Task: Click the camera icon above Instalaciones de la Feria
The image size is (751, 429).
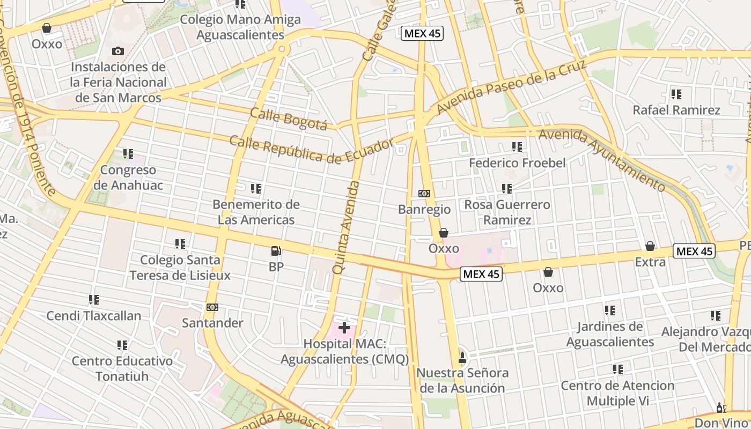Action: point(118,51)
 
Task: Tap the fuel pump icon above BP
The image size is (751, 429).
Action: point(276,250)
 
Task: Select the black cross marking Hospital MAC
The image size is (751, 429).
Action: point(344,327)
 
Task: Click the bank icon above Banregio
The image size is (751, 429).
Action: point(424,193)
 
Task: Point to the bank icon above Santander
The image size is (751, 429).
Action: point(212,307)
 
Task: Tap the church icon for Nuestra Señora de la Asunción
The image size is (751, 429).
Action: point(462,357)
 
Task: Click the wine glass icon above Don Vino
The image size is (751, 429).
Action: point(721,408)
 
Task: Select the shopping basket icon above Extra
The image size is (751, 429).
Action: point(650,246)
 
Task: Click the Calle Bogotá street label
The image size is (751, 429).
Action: point(289,119)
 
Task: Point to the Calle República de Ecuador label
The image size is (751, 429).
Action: point(311,150)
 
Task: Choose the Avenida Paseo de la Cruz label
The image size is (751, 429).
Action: point(504,87)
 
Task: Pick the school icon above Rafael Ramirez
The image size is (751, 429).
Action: point(676,94)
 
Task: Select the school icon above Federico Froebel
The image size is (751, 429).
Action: point(517,147)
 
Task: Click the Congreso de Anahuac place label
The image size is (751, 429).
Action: point(129,177)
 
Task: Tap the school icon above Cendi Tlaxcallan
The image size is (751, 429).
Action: point(94,300)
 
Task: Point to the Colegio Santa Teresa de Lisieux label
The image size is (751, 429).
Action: point(180,268)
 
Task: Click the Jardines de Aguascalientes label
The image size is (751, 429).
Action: point(610,334)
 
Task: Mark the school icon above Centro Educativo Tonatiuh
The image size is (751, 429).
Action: point(122,345)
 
